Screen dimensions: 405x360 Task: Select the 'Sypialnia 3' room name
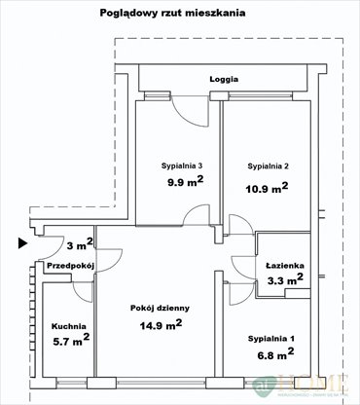[182, 166]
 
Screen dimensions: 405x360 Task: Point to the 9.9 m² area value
[183, 181]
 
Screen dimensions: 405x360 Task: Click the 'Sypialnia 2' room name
[270, 166]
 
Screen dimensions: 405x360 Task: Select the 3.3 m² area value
[285, 280]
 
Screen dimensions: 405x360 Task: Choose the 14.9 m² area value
[160, 325]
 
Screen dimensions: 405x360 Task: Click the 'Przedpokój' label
[67, 265]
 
